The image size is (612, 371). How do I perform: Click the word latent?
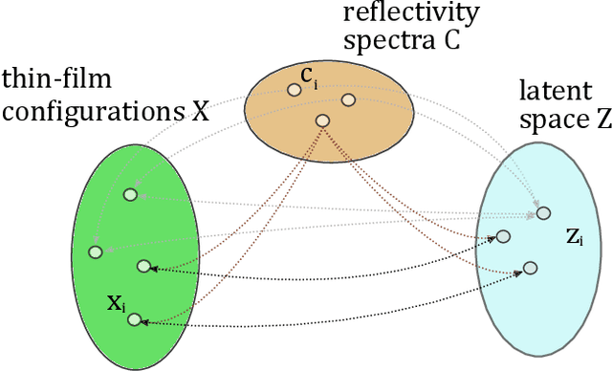point(551,92)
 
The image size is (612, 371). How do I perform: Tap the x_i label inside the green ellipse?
point(115,304)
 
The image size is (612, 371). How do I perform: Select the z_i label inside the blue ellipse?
point(575,238)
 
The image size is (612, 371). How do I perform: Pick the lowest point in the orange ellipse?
point(323,120)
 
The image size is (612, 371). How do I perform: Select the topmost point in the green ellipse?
point(130,195)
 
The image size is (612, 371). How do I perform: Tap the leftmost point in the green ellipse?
point(95,251)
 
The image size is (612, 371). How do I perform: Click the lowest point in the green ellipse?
point(135,319)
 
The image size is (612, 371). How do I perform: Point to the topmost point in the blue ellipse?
point(543,212)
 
